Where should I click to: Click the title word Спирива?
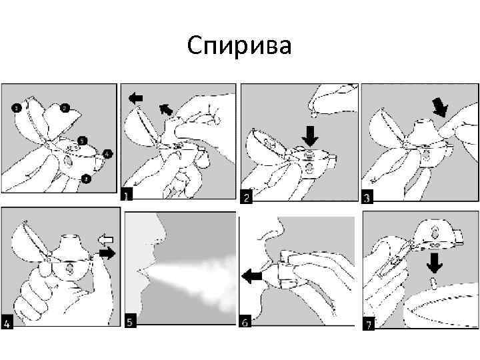pyautogui.click(x=239, y=46)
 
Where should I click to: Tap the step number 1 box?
pyautogui.click(x=127, y=195)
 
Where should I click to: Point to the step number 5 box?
pyautogui.click(x=131, y=321)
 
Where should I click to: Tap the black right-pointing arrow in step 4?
pyautogui.click(x=105, y=253)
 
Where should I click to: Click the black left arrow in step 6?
pyautogui.click(x=251, y=274)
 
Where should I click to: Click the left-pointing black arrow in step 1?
pyautogui.click(x=135, y=98)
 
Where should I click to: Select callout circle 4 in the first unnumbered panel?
pyautogui.click(x=108, y=154)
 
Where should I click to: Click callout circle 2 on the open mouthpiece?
pyautogui.click(x=64, y=107)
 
